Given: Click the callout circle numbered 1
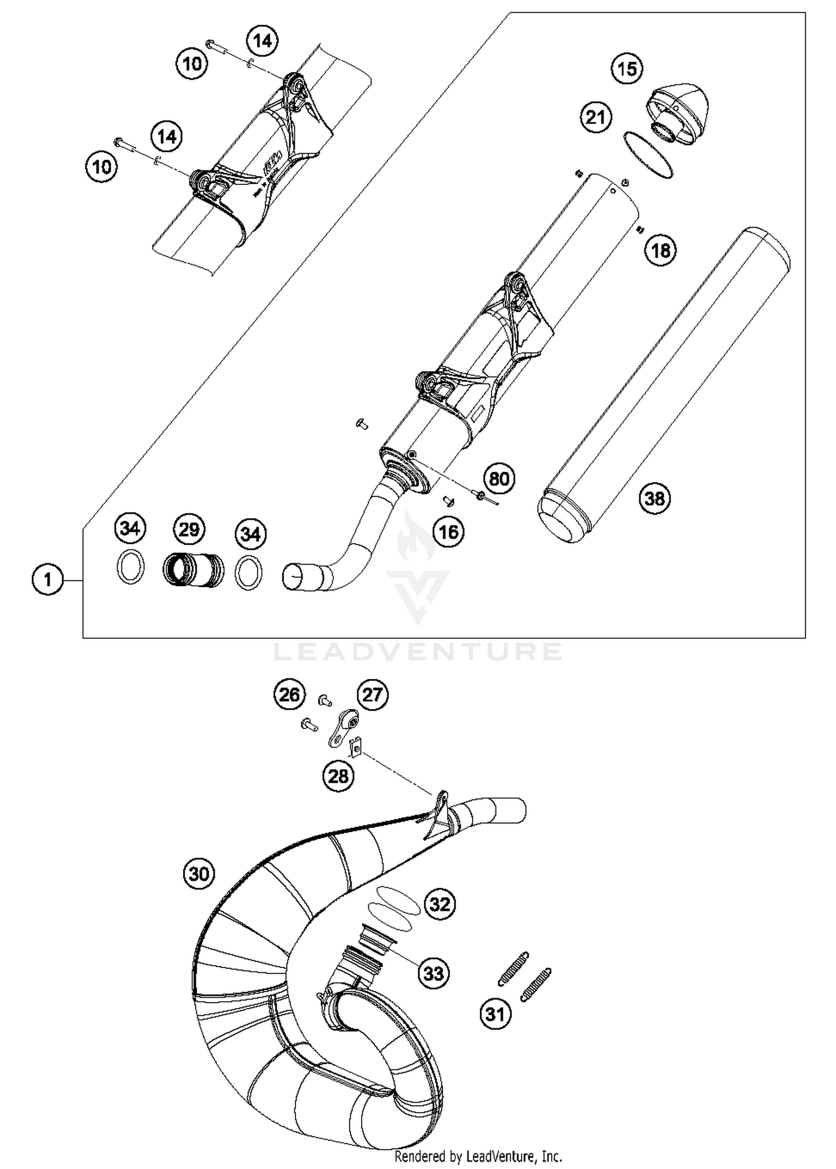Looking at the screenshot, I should click(48, 580).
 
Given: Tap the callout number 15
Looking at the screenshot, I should click(627, 69).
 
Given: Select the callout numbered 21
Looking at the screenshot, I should click(596, 118).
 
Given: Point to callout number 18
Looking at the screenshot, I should click(660, 250).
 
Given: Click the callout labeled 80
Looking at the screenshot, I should click(499, 478).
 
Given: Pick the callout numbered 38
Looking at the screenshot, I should click(655, 498).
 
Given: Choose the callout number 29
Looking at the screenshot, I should click(189, 529).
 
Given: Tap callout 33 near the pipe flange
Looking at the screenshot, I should click(434, 973).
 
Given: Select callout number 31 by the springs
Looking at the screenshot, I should click(495, 1014).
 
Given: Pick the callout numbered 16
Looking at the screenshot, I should click(449, 532).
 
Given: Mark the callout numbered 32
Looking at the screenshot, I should click(440, 903).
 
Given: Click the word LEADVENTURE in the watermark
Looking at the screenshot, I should click(418, 651).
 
